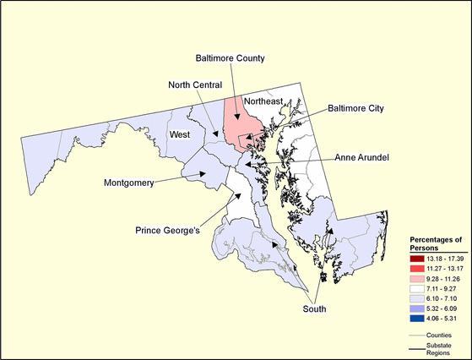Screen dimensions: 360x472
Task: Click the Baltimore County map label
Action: point(231,58)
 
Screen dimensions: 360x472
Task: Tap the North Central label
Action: point(195,85)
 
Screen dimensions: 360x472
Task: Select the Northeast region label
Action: point(262,101)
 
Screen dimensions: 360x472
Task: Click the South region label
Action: point(314,309)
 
